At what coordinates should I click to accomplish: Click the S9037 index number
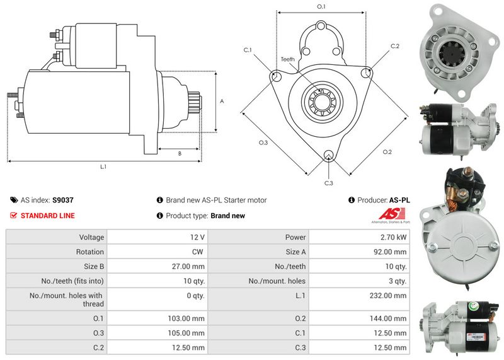(62, 200)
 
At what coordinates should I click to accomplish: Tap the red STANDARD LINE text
(47, 216)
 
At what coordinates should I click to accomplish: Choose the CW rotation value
(198, 252)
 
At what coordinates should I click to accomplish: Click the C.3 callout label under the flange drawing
(328, 183)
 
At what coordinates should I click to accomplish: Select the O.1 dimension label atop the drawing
(321, 6)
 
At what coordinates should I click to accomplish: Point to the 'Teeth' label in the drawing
(287, 59)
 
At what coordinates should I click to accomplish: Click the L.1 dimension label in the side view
(103, 168)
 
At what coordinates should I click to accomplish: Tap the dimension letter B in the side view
(180, 153)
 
